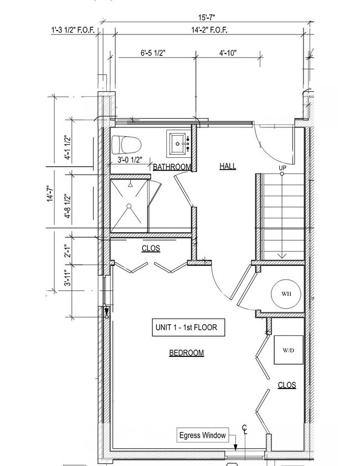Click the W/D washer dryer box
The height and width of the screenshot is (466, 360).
tap(289, 350)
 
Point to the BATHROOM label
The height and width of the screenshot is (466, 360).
tap(172, 167)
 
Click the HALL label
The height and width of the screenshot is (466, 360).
tap(228, 166)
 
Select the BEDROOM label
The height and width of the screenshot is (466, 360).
tap(186, 353)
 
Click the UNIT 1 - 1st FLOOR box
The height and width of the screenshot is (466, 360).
tap(188, 327)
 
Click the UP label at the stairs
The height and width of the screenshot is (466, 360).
tap(282, 167)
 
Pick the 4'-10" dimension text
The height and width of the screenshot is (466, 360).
tap(228, 53)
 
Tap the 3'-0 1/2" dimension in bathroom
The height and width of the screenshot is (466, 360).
tap(130, 160)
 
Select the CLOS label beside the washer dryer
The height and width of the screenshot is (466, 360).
tap(287, 385)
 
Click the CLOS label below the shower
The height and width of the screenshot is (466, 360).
tap(151, 249)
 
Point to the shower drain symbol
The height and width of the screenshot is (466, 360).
tap(129, 206)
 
